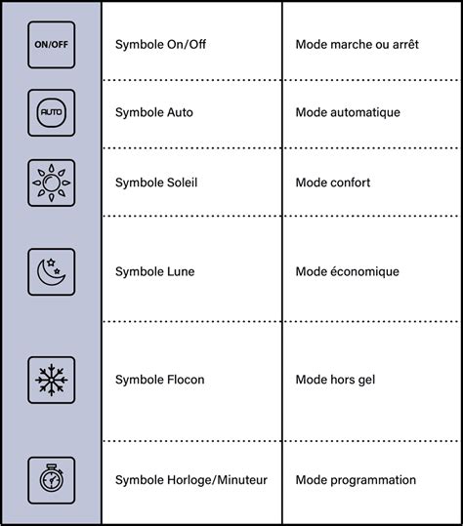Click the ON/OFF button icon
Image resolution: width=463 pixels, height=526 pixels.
[x=52, y=45]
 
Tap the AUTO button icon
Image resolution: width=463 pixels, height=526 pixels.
[x=52, y=113]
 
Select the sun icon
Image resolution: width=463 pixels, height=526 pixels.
[x=52, y=182]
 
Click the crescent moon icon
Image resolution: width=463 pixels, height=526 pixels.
[x=52, y=272]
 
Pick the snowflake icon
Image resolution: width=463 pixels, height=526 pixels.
[x=52, y=380]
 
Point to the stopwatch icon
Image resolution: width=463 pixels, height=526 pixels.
[x=52, y=480]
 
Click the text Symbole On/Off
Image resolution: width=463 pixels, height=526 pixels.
[x=160, y=44]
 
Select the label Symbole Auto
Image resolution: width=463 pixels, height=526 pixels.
[x=154, y=112]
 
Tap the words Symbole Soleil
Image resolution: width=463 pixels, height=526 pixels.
[x=156, y=182]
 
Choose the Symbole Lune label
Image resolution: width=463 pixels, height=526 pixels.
[x=154, y=271]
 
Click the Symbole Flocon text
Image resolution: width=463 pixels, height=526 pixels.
[x=160, y=380]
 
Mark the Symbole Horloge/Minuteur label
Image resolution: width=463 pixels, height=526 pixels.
[x=191, y=480]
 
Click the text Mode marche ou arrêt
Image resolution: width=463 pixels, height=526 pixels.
[x=357, y=44]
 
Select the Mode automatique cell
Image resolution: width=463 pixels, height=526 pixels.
[x=348, y=112]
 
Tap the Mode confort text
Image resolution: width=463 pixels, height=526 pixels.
[x=333, y=182]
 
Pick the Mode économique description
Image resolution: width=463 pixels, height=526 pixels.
[x=347, y=271]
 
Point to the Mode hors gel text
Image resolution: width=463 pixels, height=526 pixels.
[x=335, y=380]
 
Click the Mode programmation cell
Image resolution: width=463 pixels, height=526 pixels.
[x=356, y=480]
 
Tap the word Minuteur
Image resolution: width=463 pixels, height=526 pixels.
[x=242, y=480]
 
